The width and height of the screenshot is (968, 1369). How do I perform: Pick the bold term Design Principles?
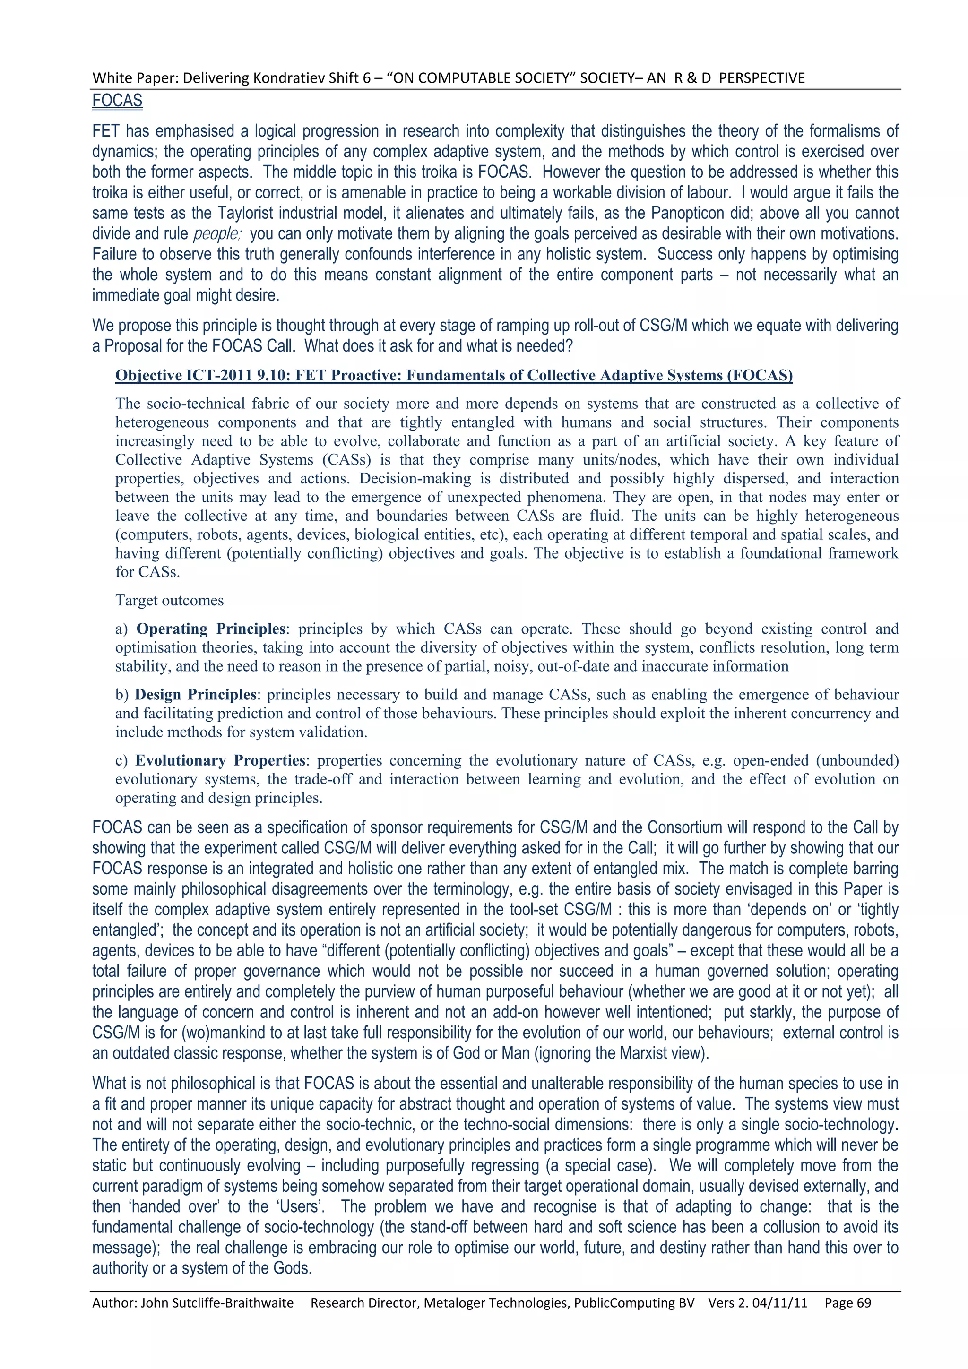click(196, 695)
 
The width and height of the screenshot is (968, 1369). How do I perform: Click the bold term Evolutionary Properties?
click(220, 760)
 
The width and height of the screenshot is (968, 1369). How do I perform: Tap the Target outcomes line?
click(169, 601)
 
